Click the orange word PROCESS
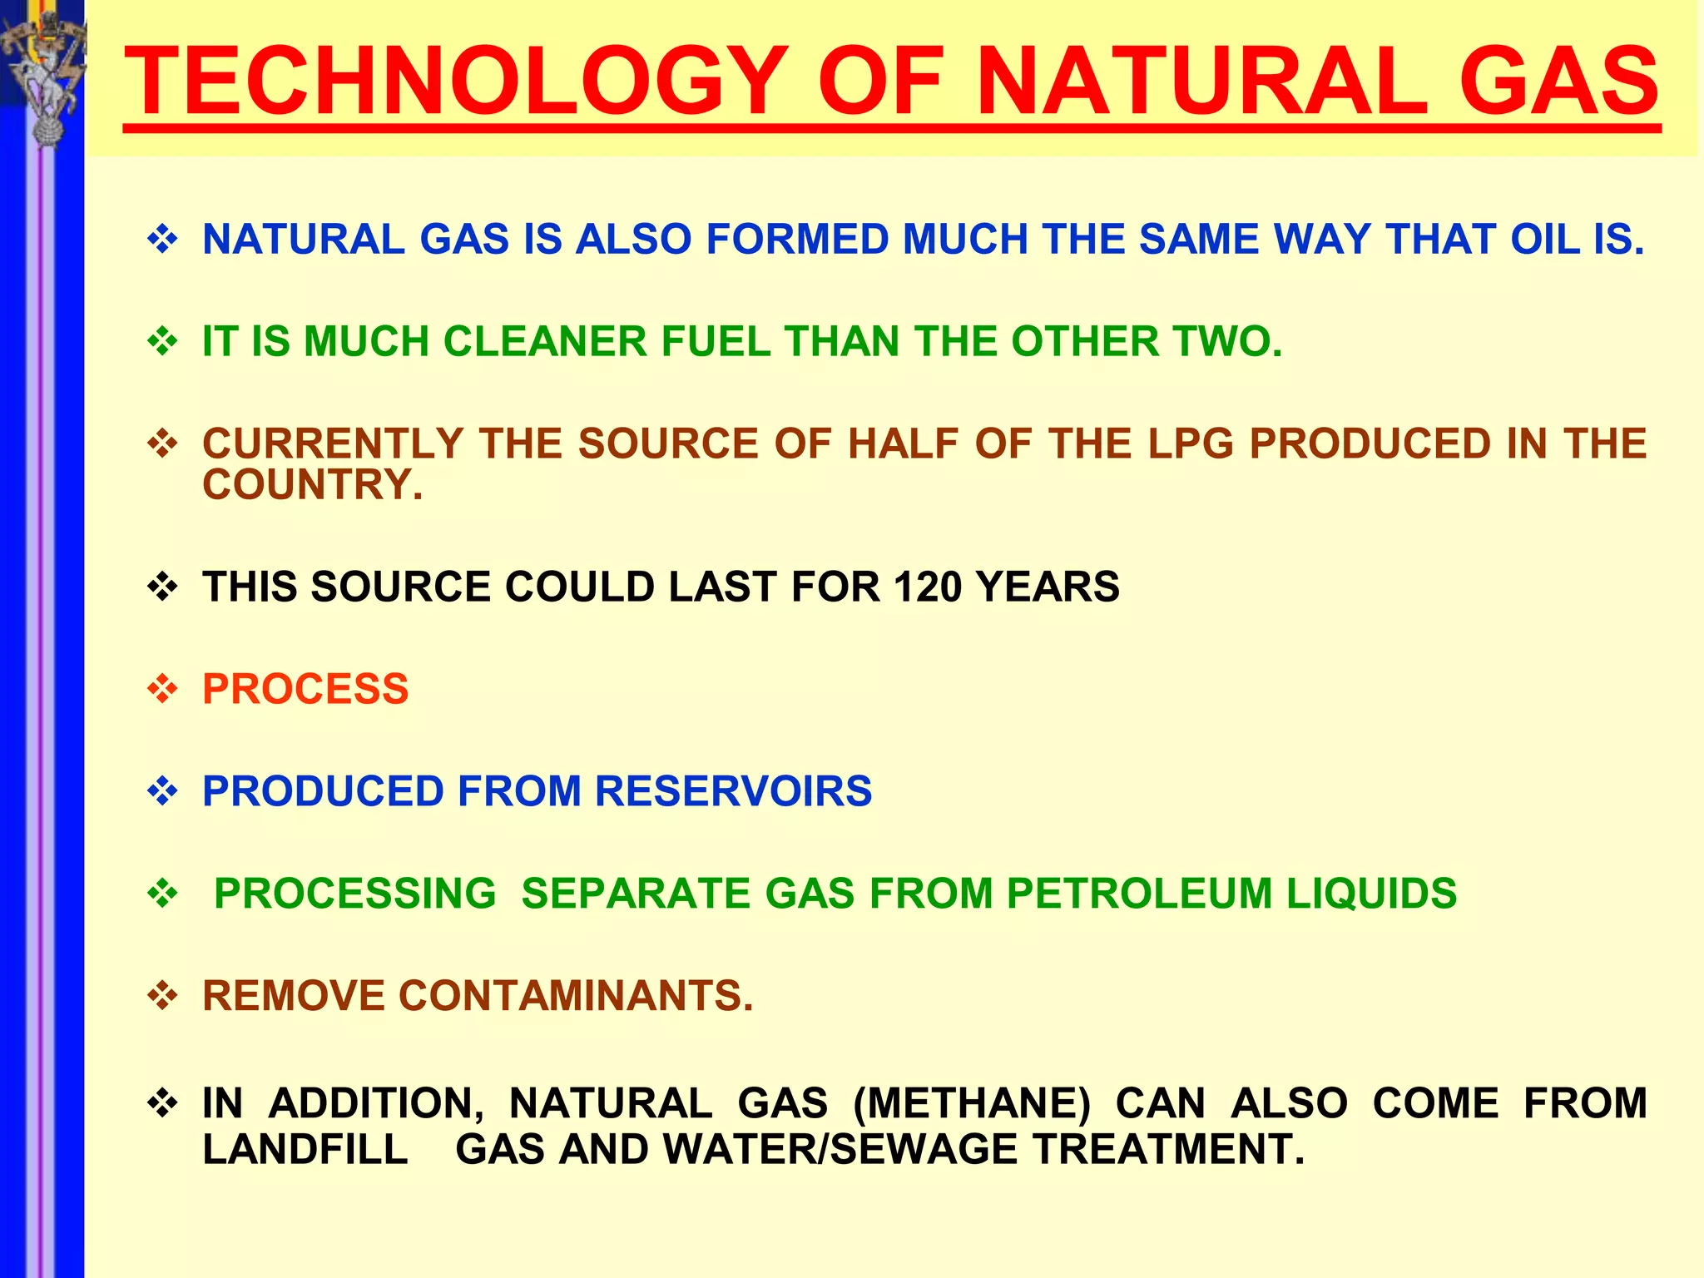coord(305,690)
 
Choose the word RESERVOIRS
coord(733,791)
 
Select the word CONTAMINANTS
coord(576,996)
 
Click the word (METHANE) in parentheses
coord(972,1104)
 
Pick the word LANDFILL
coord(305,1150)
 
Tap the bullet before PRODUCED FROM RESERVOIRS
coord(163,791)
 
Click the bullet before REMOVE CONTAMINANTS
coord(163,996)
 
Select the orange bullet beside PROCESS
coord(163,690)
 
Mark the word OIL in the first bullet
coord(1543,240)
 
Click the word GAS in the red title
coord(1558,82)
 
